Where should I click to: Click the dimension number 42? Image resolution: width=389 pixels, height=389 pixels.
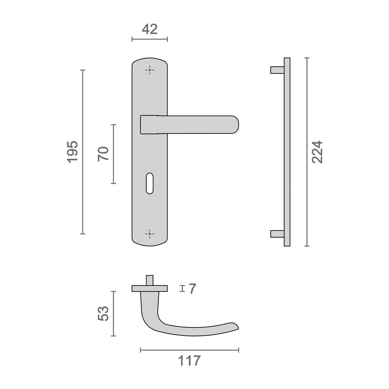(149, 29)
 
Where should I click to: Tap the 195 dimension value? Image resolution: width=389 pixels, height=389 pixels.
(73, 152)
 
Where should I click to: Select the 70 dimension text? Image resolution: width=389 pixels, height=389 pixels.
(103, 154)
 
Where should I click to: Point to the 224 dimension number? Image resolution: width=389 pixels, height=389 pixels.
(317, 152)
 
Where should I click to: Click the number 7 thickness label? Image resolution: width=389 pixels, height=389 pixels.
(193, 289)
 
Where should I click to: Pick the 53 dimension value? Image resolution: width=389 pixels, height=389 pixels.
(103, 313)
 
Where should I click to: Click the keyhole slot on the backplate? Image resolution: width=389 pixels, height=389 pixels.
(149, 183)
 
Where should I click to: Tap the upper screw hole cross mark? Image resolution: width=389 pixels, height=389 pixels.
(149, 70)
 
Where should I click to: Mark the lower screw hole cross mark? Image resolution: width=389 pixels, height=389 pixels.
(149, 234)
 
